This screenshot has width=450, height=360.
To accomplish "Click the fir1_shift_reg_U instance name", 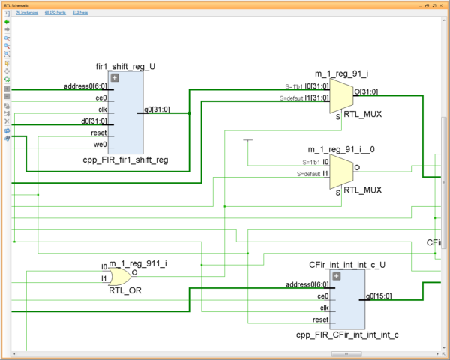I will [x=126, y=66].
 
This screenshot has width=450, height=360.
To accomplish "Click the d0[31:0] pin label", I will [x=97, y=121].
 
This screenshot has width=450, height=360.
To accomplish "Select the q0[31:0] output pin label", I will [x=157, y=110].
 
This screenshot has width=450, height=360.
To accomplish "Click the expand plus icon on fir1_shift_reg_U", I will [x=115, y=77].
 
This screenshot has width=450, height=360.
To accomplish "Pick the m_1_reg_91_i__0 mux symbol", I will [x=342, y=171].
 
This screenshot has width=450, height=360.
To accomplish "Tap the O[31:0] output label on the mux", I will [x=367, y=91].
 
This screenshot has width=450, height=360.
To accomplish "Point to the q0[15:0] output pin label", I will [x=379, y=295].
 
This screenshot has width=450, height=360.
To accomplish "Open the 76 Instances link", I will [x=27, y=13].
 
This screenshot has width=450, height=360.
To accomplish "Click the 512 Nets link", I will [x=80, y=13].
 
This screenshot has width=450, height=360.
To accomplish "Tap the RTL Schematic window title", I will [x=16, y=4].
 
